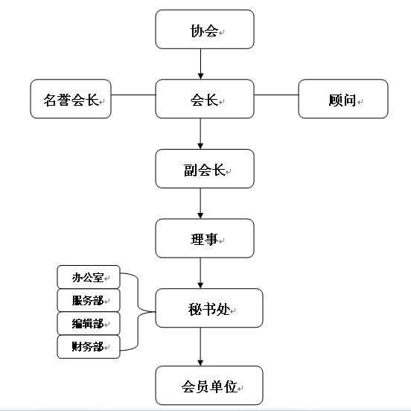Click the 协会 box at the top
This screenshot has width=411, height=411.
click(x=205, y=29)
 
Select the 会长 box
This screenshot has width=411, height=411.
click(x=205, y=99)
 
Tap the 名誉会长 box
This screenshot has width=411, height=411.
click(x=71, y=99)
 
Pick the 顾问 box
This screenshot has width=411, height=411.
click(x=343, y=99)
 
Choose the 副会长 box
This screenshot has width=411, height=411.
click(x=205, y=169)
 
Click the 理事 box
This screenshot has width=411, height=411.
click(x=205, y=238)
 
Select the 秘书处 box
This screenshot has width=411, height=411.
click(x=209, y=308)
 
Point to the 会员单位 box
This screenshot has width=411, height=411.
click(x=209, y=386)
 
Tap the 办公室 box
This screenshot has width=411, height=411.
click(x=89, y=277)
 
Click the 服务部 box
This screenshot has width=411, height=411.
click(x=89, y=300)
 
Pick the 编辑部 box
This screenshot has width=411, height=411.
click(x=89, y=323)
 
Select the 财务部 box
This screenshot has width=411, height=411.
click(x=89, y=346)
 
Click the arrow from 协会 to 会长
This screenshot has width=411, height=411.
click(x=200, y=64)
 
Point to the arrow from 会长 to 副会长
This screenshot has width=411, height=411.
click(x=200, y=134)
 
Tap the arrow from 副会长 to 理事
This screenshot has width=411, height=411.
click(x=200, y=203)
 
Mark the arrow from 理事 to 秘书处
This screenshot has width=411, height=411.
click(x=200, y=273)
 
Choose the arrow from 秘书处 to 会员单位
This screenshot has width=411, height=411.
click(x=200, y=347)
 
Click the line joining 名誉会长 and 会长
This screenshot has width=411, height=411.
click(x=133, y=95)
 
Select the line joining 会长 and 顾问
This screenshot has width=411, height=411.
click(x=276, y=95)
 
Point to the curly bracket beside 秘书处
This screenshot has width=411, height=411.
click(x=138, y=312)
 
